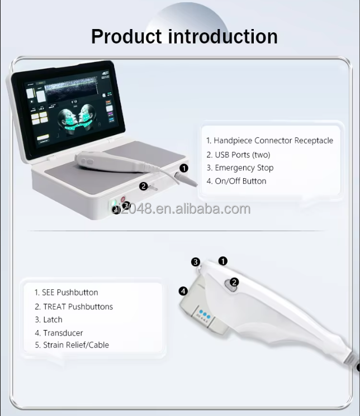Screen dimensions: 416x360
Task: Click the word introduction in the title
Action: (x=222, y=36)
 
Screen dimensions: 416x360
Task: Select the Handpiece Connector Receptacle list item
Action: (x=269, y=141)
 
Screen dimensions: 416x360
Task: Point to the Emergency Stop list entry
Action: (x=240, y=168)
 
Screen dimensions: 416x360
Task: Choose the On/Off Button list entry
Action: (x=236, y=181)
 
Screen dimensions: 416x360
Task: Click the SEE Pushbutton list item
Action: (x=66, y=292)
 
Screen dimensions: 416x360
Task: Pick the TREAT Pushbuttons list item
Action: (x=73, y=307)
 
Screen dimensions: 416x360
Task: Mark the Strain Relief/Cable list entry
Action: (x=71, y=345)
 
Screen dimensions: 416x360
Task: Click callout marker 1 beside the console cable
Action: (x=184, y=168)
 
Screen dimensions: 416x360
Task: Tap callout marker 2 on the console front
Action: (x=143, y=187)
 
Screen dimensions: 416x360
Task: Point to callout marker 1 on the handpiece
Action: (x=223, y=261)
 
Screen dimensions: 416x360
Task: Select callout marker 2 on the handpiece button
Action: (x=234, y=283)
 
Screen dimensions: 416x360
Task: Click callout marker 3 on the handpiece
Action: (x=196, y=262)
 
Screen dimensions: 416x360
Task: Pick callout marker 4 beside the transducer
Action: (x=183, y=291)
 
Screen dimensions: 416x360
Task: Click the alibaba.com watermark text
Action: (x=190, y=209)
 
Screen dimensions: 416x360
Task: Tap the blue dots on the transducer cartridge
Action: (x=204, y=315)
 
